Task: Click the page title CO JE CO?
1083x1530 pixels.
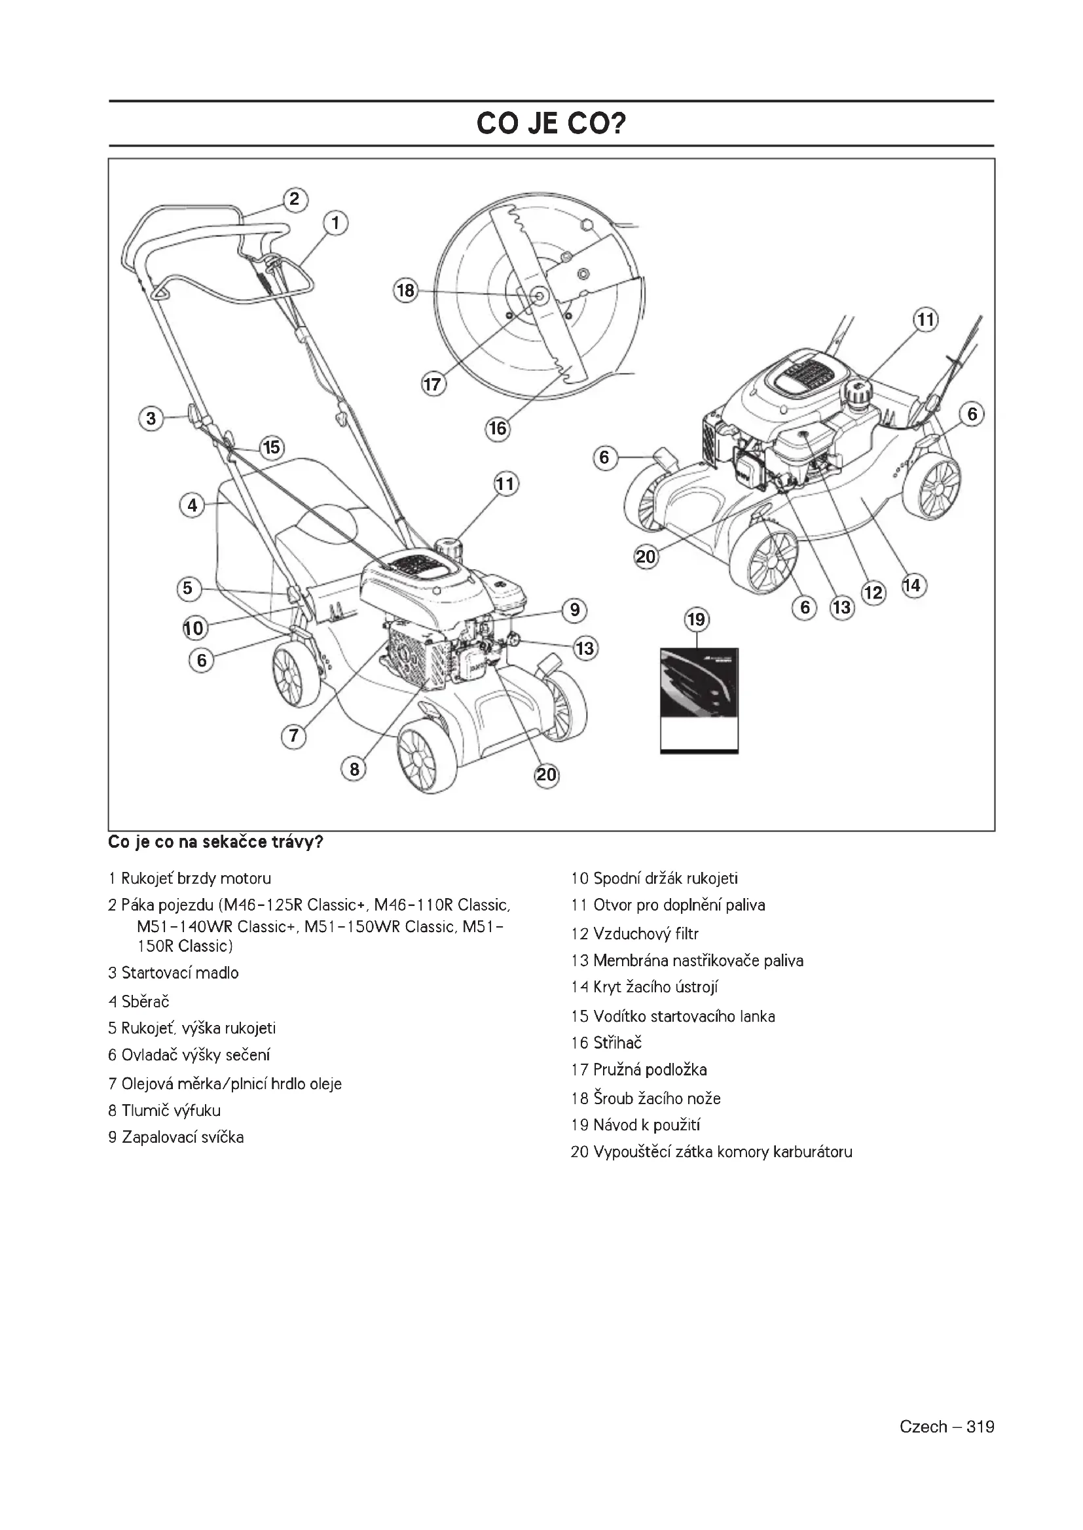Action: (551, 124)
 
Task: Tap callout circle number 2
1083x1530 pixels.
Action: (295, 200)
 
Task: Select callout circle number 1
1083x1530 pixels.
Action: (335, 222)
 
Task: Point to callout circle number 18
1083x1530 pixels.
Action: (405, 290)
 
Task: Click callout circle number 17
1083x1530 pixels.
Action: (433, 385)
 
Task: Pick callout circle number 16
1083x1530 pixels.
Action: (498, 428)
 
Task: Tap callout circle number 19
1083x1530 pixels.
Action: (695, 619)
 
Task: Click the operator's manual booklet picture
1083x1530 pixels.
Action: (699, 701)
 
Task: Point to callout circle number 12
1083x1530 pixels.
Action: (873, 593)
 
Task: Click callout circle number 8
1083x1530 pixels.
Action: (354, 770)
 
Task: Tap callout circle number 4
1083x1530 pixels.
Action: (192, 505)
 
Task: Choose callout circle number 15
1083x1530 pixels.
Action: (272, 447)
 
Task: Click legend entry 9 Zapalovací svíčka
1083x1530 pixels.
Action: (176, 1137)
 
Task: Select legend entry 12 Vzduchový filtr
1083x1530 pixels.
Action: (634, 933)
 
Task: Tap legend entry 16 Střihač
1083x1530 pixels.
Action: (606, 1043)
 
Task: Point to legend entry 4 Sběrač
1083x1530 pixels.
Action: (139, 1001)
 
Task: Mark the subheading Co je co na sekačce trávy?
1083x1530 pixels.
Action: (215, 843)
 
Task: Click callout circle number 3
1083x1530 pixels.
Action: (151, 419)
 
